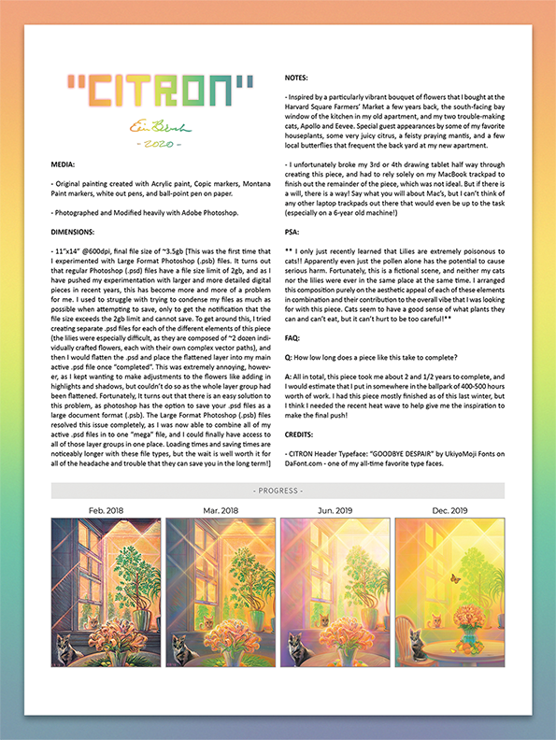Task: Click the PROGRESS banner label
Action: (x=278, y=491)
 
